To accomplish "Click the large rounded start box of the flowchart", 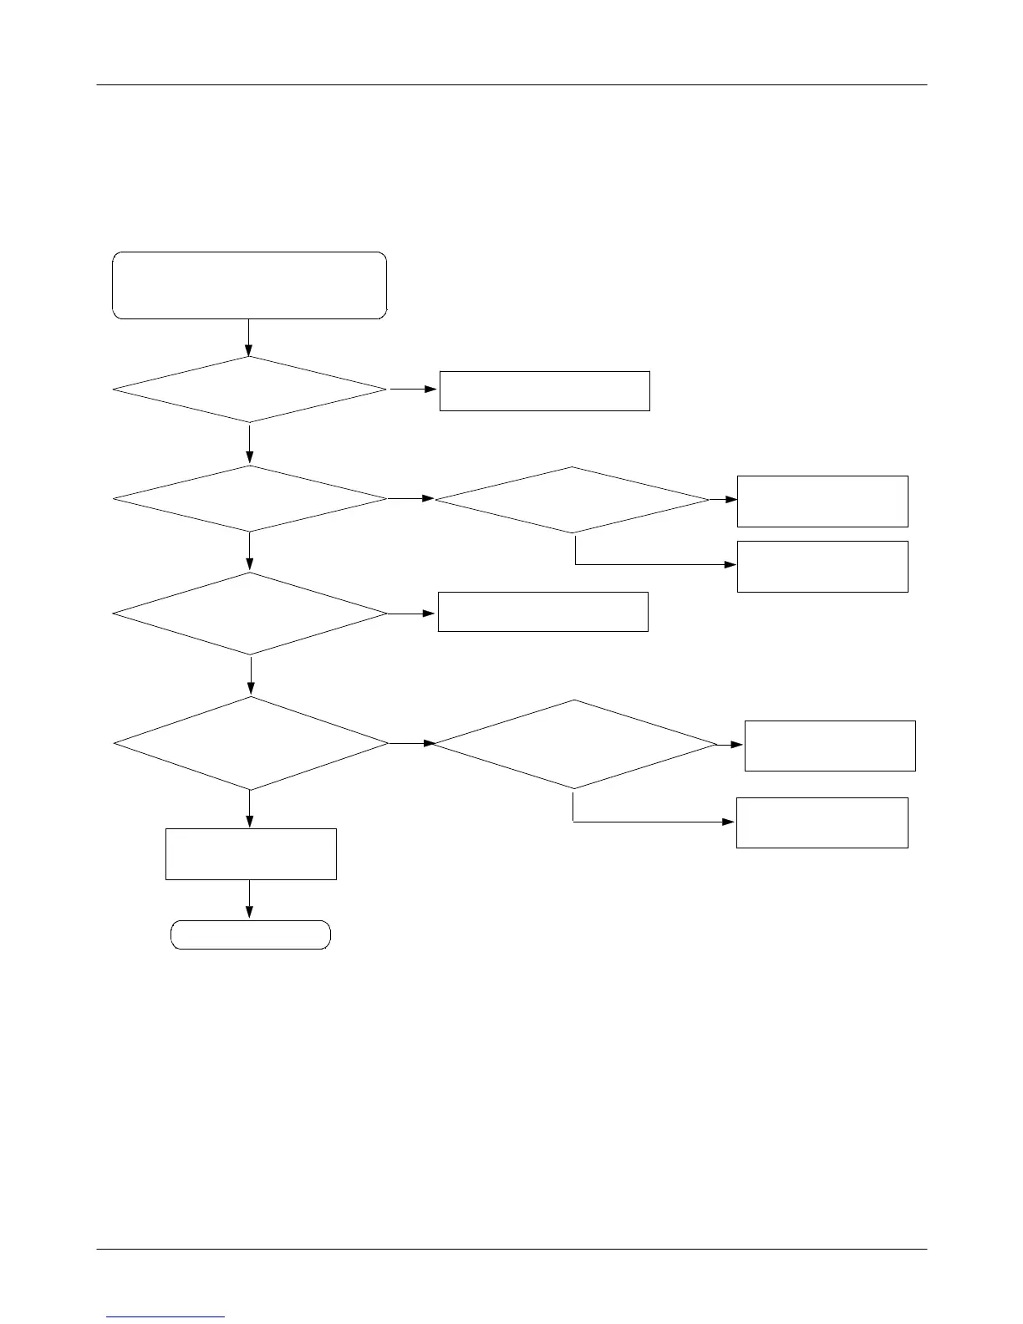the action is (249, 285).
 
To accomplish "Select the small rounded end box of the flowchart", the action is (251, 934).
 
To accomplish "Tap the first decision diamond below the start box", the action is (249, 390).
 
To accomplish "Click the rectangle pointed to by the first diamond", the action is (544, 390).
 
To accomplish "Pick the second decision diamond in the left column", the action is (249, 499).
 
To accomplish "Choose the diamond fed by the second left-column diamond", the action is (572, 500).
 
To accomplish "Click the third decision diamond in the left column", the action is (249, 614).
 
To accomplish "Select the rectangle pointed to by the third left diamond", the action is (542, 611).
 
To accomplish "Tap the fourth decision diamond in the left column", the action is (250, 743).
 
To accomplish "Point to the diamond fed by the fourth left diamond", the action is (574, 744).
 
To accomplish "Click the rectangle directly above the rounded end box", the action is (251, 853).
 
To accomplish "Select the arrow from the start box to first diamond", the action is (249, 338).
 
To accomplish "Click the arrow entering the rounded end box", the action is (249, 900).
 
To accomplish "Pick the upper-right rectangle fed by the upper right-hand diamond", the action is (822, 501).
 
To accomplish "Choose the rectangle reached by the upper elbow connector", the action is (822, 566).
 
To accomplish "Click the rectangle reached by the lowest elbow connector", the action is (822, 822).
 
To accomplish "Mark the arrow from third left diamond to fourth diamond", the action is (251, 676).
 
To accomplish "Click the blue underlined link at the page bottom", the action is (166, 1316).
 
